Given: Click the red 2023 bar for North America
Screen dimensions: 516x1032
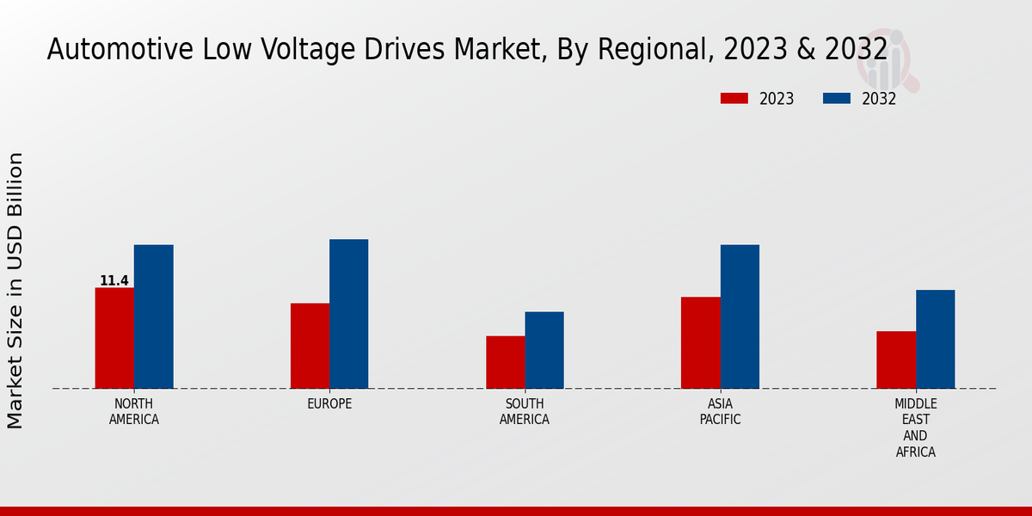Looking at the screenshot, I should [x=114, y=338].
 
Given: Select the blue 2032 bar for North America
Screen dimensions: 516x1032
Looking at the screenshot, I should [x=153, y=316].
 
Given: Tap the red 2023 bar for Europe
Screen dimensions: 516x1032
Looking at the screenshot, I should [x=310, y=346].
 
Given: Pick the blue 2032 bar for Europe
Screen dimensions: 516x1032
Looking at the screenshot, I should [x=348, y=314].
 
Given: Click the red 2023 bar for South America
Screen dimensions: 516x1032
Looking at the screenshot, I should [x=505, y=362].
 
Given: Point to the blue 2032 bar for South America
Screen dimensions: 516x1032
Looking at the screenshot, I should [x=544, y=350].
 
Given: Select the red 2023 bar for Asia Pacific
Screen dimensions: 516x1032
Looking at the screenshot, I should [x=700, y=342].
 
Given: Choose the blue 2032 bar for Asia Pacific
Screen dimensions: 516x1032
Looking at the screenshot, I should [x=740, y=316].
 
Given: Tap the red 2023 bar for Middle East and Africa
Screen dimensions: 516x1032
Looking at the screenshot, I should [x=896, y=359].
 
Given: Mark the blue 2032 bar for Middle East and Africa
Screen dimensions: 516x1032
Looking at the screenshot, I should [x=935, y=339].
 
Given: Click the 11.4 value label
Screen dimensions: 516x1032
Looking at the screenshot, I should [x=114, y=281].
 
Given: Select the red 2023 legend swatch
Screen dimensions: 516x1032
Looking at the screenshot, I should [x=734, y=99].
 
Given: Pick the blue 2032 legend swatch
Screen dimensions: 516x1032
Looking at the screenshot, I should [x=836, y=99].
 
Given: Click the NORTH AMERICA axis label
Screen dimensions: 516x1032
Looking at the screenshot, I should [x=134, y=412].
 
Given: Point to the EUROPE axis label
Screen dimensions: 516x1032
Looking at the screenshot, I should [x=329, y=404].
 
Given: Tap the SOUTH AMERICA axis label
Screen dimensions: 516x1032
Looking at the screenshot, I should [x=525, y=412].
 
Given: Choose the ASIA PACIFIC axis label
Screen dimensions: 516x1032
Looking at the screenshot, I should [x=720, y=412].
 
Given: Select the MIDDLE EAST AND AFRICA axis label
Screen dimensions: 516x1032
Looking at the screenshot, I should [x=916, y=427].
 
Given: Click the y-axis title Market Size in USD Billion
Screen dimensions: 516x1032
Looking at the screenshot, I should [x=15, y=290].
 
